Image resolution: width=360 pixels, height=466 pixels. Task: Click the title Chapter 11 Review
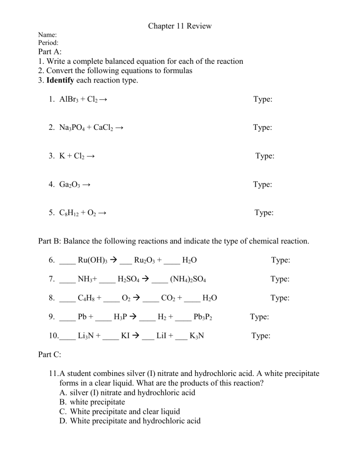tap(180, 26)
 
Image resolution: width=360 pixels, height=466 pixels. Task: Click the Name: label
tap(47, 35)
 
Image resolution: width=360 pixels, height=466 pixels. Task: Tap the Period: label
tap(48, 43)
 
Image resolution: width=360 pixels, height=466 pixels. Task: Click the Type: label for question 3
tap(265, 156)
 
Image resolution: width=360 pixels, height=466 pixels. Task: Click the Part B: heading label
tap(49, 241)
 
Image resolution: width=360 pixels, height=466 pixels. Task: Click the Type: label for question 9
tap(259, 317)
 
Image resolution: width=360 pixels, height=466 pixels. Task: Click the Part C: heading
tap(49, 355)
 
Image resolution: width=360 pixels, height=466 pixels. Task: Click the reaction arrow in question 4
tap(86, 185)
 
